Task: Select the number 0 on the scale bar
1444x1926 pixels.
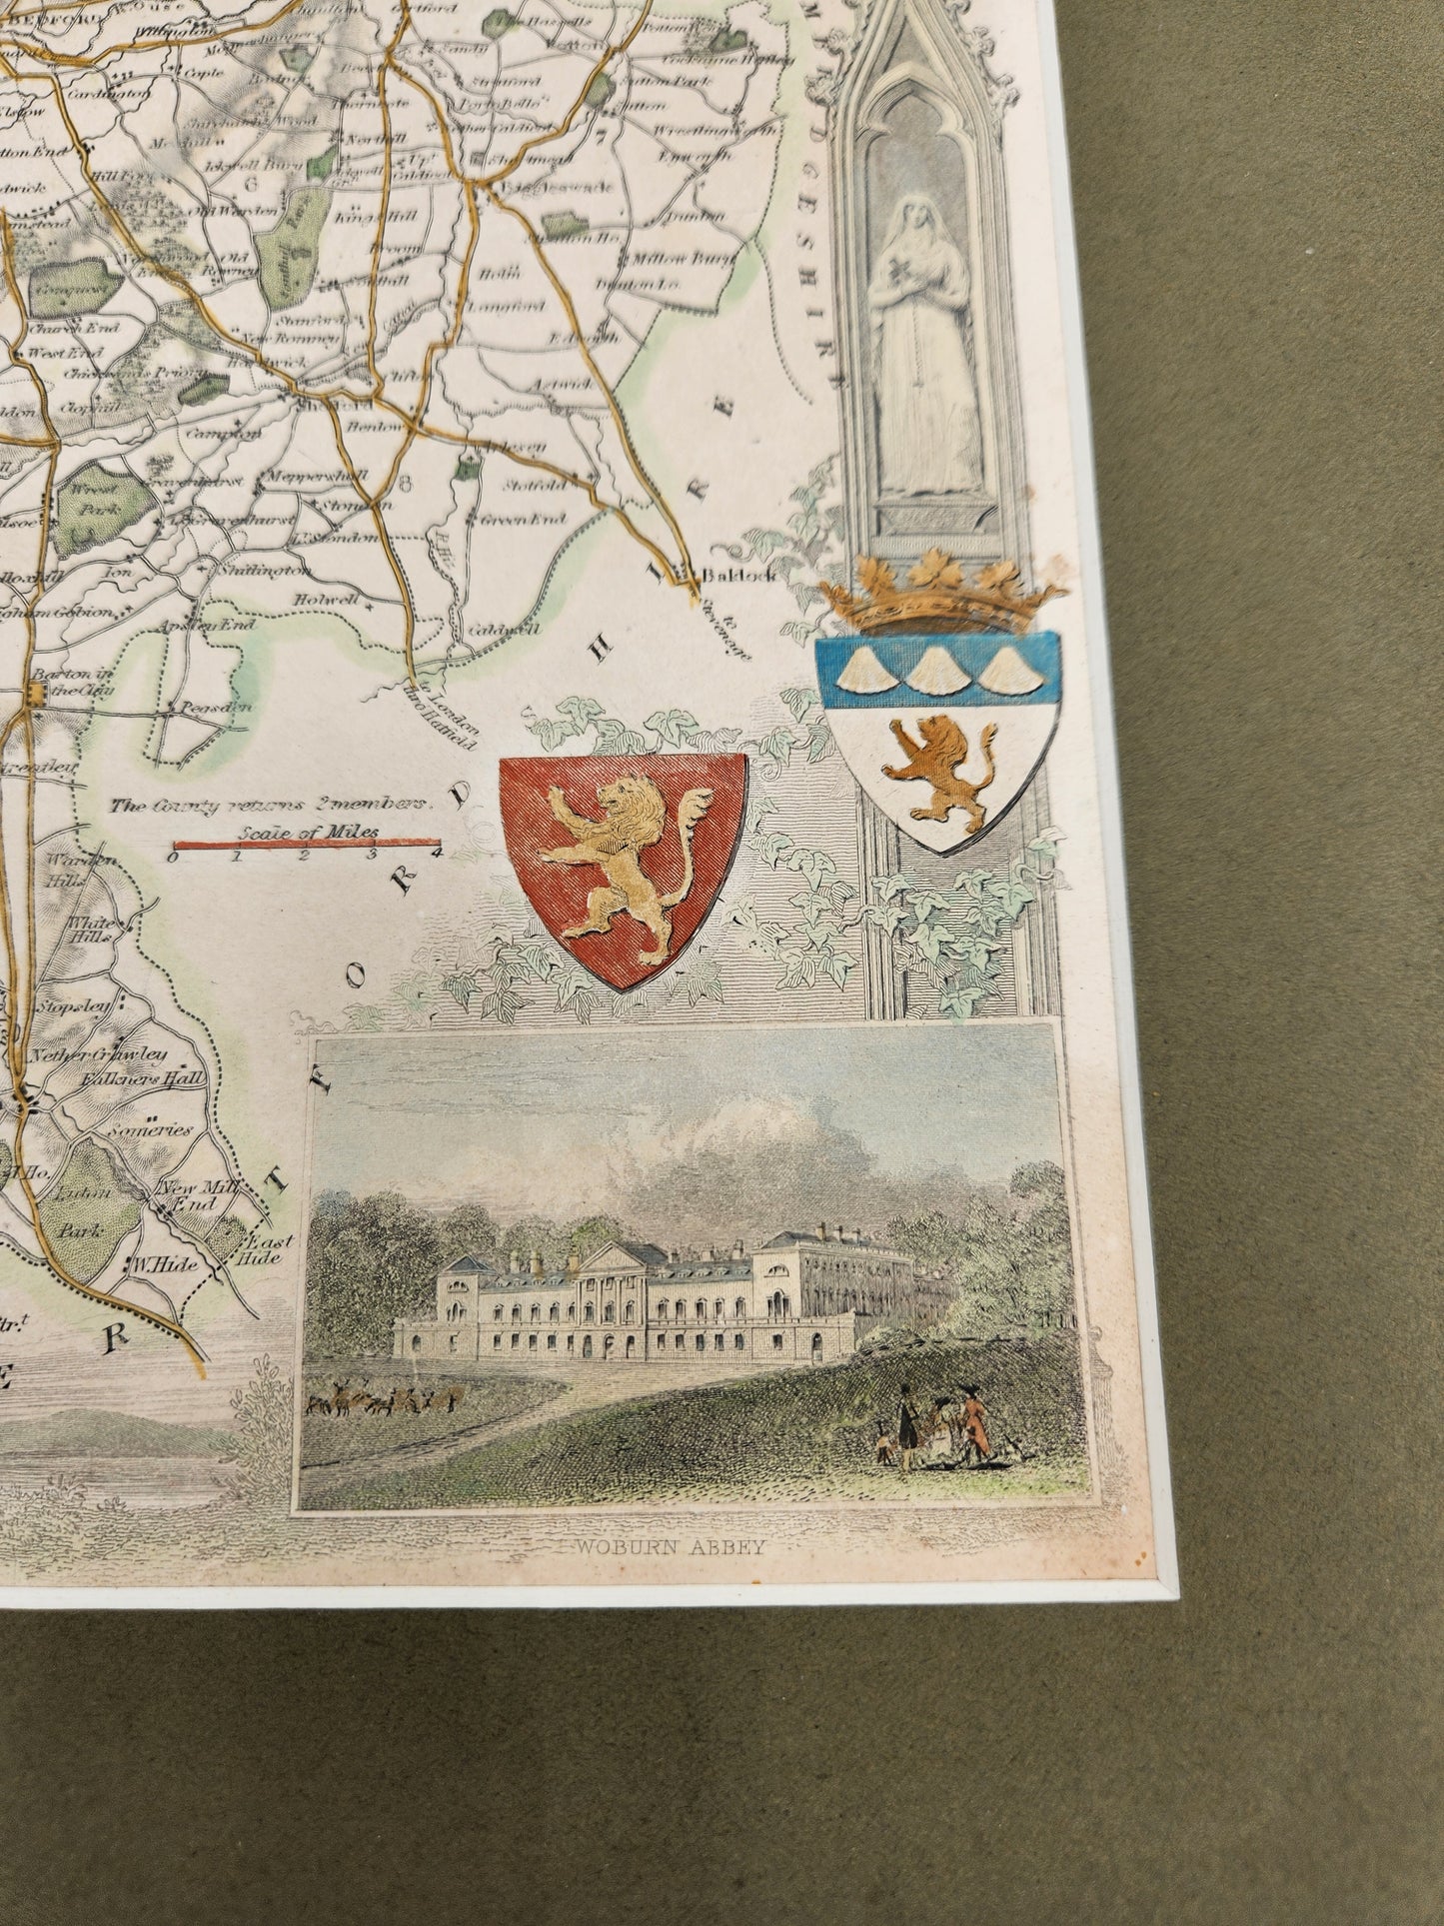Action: tap(174, 857)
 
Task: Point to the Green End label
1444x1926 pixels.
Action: tap(537, 519)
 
